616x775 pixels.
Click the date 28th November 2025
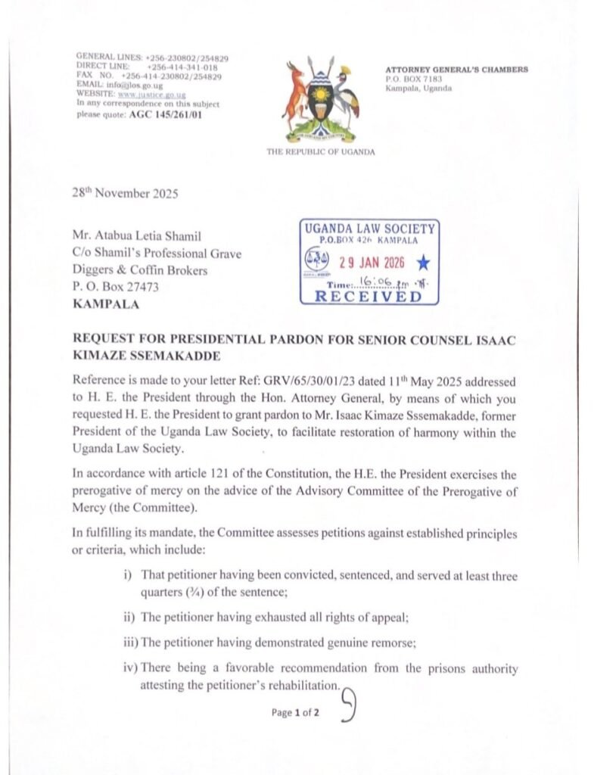[x=126, y=194]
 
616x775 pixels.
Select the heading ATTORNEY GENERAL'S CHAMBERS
[x=456, y=70]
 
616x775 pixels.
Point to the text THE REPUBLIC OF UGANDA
[x=320, y=152]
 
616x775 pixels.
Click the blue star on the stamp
[x=423, y=263]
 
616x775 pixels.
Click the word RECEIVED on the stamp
[x=369, y=296]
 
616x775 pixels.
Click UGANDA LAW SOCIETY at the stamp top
[x=369, y=229]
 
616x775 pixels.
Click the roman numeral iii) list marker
[x=129, y=643]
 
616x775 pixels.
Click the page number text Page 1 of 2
[x=295, y=712]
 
